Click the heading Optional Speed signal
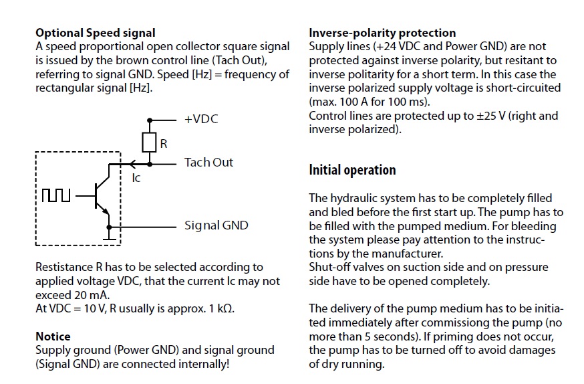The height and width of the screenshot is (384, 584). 96,33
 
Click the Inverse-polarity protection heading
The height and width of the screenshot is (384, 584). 382,33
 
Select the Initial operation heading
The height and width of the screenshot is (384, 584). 352,170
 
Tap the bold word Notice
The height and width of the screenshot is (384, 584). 53,337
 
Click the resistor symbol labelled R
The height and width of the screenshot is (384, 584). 150,142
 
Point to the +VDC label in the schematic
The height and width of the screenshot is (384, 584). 201,119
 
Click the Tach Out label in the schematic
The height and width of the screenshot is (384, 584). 208,162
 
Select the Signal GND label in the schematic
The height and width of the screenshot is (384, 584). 216,225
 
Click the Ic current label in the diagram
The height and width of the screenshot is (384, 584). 136,178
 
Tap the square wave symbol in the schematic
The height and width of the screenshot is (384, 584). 56,195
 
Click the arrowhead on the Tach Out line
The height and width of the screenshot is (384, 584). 132,164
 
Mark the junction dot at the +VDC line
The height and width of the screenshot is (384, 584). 150,120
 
